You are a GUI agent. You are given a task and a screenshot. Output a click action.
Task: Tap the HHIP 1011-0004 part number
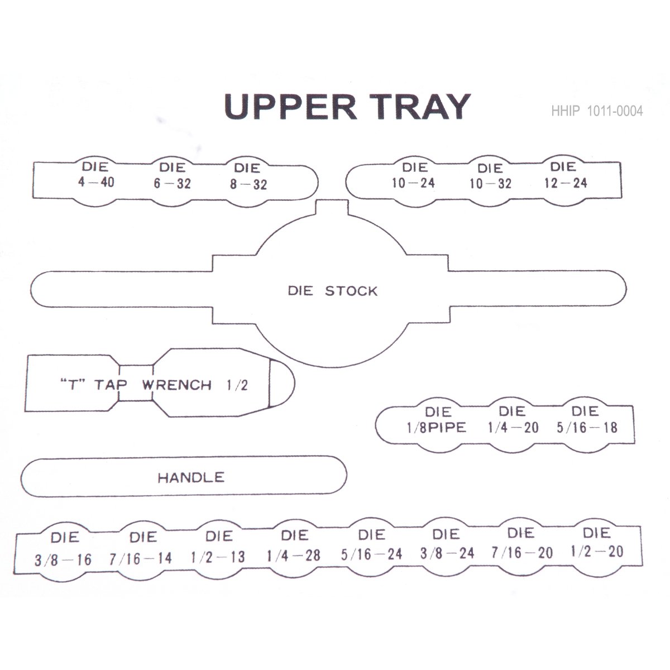pos(597,111)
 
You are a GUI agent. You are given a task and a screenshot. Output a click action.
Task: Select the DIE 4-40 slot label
pos(96,175)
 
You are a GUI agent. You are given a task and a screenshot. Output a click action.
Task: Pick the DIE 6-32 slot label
pos(172,176)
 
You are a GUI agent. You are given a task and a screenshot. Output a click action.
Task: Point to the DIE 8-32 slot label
pos(248,176)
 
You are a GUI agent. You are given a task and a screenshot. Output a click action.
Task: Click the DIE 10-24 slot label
pos(413,175)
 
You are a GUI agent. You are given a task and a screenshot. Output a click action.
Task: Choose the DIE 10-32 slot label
pos(490,176)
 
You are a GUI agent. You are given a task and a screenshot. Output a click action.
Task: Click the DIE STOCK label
pos(332,291)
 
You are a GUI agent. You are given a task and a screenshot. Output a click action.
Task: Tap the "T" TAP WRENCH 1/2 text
pos(153,385)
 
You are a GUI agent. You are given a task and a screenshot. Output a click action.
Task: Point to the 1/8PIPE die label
pos(437,428)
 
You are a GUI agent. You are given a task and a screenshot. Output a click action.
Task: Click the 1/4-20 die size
pos(513,428)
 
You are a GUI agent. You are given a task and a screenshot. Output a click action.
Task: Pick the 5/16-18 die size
pos(587,428)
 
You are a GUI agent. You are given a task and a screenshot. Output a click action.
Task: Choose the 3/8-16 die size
pos(63,559)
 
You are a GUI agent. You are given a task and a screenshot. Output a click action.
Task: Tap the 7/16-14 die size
pos(141,558)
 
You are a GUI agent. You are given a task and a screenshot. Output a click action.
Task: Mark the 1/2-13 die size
pos(218,557)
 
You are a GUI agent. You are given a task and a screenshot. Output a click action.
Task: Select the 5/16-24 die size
pos(371,554)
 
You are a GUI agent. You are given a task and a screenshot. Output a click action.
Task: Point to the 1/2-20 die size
pos(597,552)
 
